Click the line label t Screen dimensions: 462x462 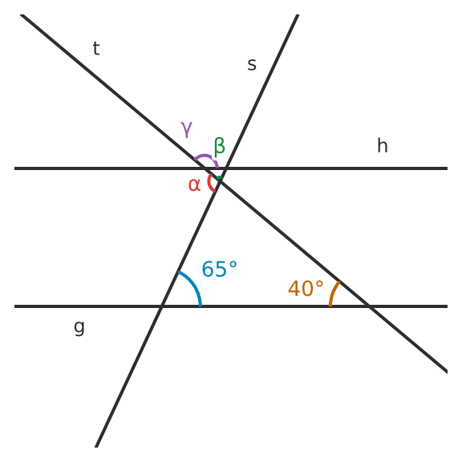pyautogui.click(x=96, y=48)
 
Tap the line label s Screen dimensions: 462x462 pyautogui.click(x=252, y=64)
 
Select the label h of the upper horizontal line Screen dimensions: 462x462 pyautogui.click(x=383, y=145)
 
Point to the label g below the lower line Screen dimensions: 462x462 pyautogui.click(x=79, y=327)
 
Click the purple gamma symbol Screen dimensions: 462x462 pyautogui.click(x=187, y=129)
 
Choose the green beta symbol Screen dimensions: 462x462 pyautogui.click(x=220, y=147)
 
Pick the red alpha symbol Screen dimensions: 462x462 pyautogui.click(x=194, y=185)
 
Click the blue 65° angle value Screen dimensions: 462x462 pyautogui.click(x=219, y=269)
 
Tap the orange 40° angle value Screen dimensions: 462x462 pyautogui.click(x=306, y=289)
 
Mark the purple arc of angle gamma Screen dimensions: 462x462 pyautogui.click(x=205, y=156)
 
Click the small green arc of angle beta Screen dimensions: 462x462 pyautogui.click(x=219, y=178)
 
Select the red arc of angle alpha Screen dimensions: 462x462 pyautogui.click(x=209, y=183)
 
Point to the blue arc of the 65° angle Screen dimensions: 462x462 pyautogui.click(x=193, y=284)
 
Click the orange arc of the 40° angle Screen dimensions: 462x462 pyautogui.click(x=333, y=293)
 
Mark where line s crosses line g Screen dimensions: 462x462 pyautogui.click(x=161, y=306)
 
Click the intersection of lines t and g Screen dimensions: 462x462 pyautogui.click(x=370, y=306)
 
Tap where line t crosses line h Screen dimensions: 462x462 pyautogui.click(x=205, y=168)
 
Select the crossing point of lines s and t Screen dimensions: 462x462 pyautogui.click(x=220, y=180)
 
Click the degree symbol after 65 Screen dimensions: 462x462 pyautogui.click(x=233, y=265)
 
